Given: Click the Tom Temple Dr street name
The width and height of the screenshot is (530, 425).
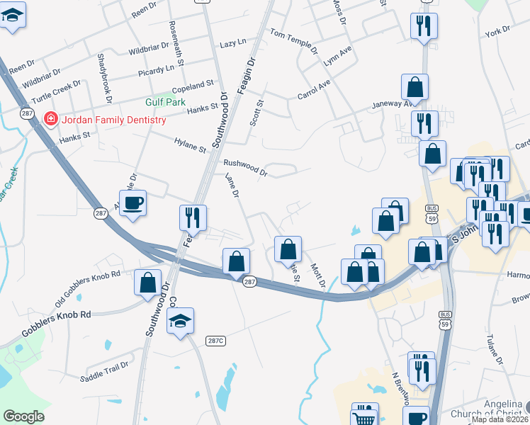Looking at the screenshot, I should click(293, 38).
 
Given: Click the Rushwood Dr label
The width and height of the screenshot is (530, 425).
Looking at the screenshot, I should click(245, 166).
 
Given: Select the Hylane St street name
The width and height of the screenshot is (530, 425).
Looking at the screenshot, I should click(190, 144).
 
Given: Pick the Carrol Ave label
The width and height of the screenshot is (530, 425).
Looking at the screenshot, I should click(314, 89).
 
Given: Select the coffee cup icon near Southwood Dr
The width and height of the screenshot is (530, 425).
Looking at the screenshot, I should click(132, 204).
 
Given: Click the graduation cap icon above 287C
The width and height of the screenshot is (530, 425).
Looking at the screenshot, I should click(181, 320).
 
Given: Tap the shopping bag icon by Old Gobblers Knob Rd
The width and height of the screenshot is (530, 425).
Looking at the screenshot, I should click(148, 283).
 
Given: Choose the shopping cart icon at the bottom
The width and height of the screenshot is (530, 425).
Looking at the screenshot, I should click(365, 417).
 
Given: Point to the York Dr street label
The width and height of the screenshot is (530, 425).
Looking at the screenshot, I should click(497, 31).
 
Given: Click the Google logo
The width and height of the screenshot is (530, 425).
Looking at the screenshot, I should click(24, 416).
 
